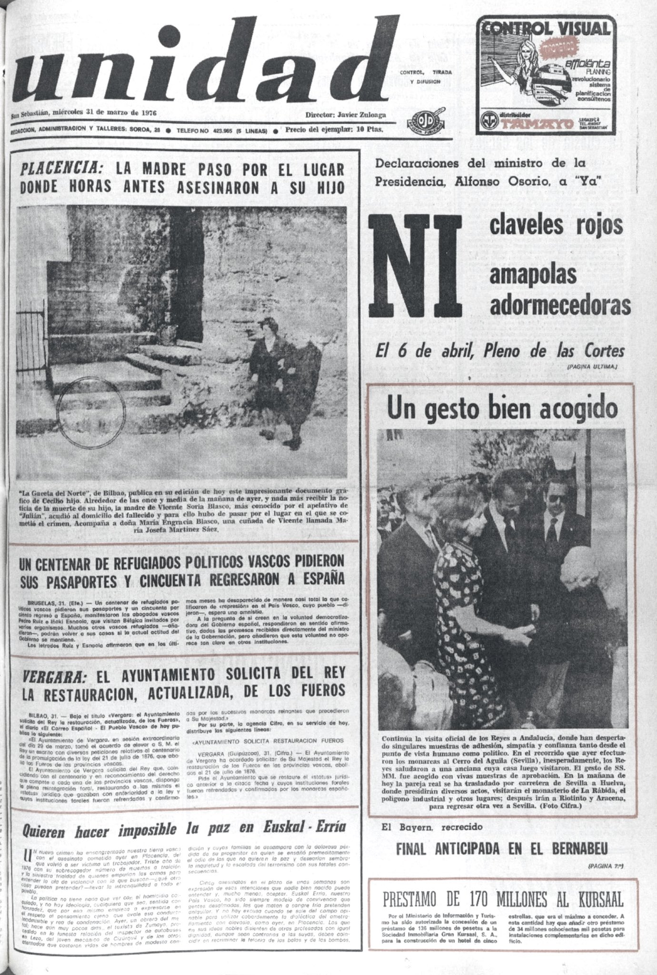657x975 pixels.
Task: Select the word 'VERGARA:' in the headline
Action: [x=54, y=677]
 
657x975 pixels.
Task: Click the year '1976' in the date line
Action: [x=147, y=113]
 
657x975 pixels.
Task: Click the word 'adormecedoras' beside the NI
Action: [x=560, y=306]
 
